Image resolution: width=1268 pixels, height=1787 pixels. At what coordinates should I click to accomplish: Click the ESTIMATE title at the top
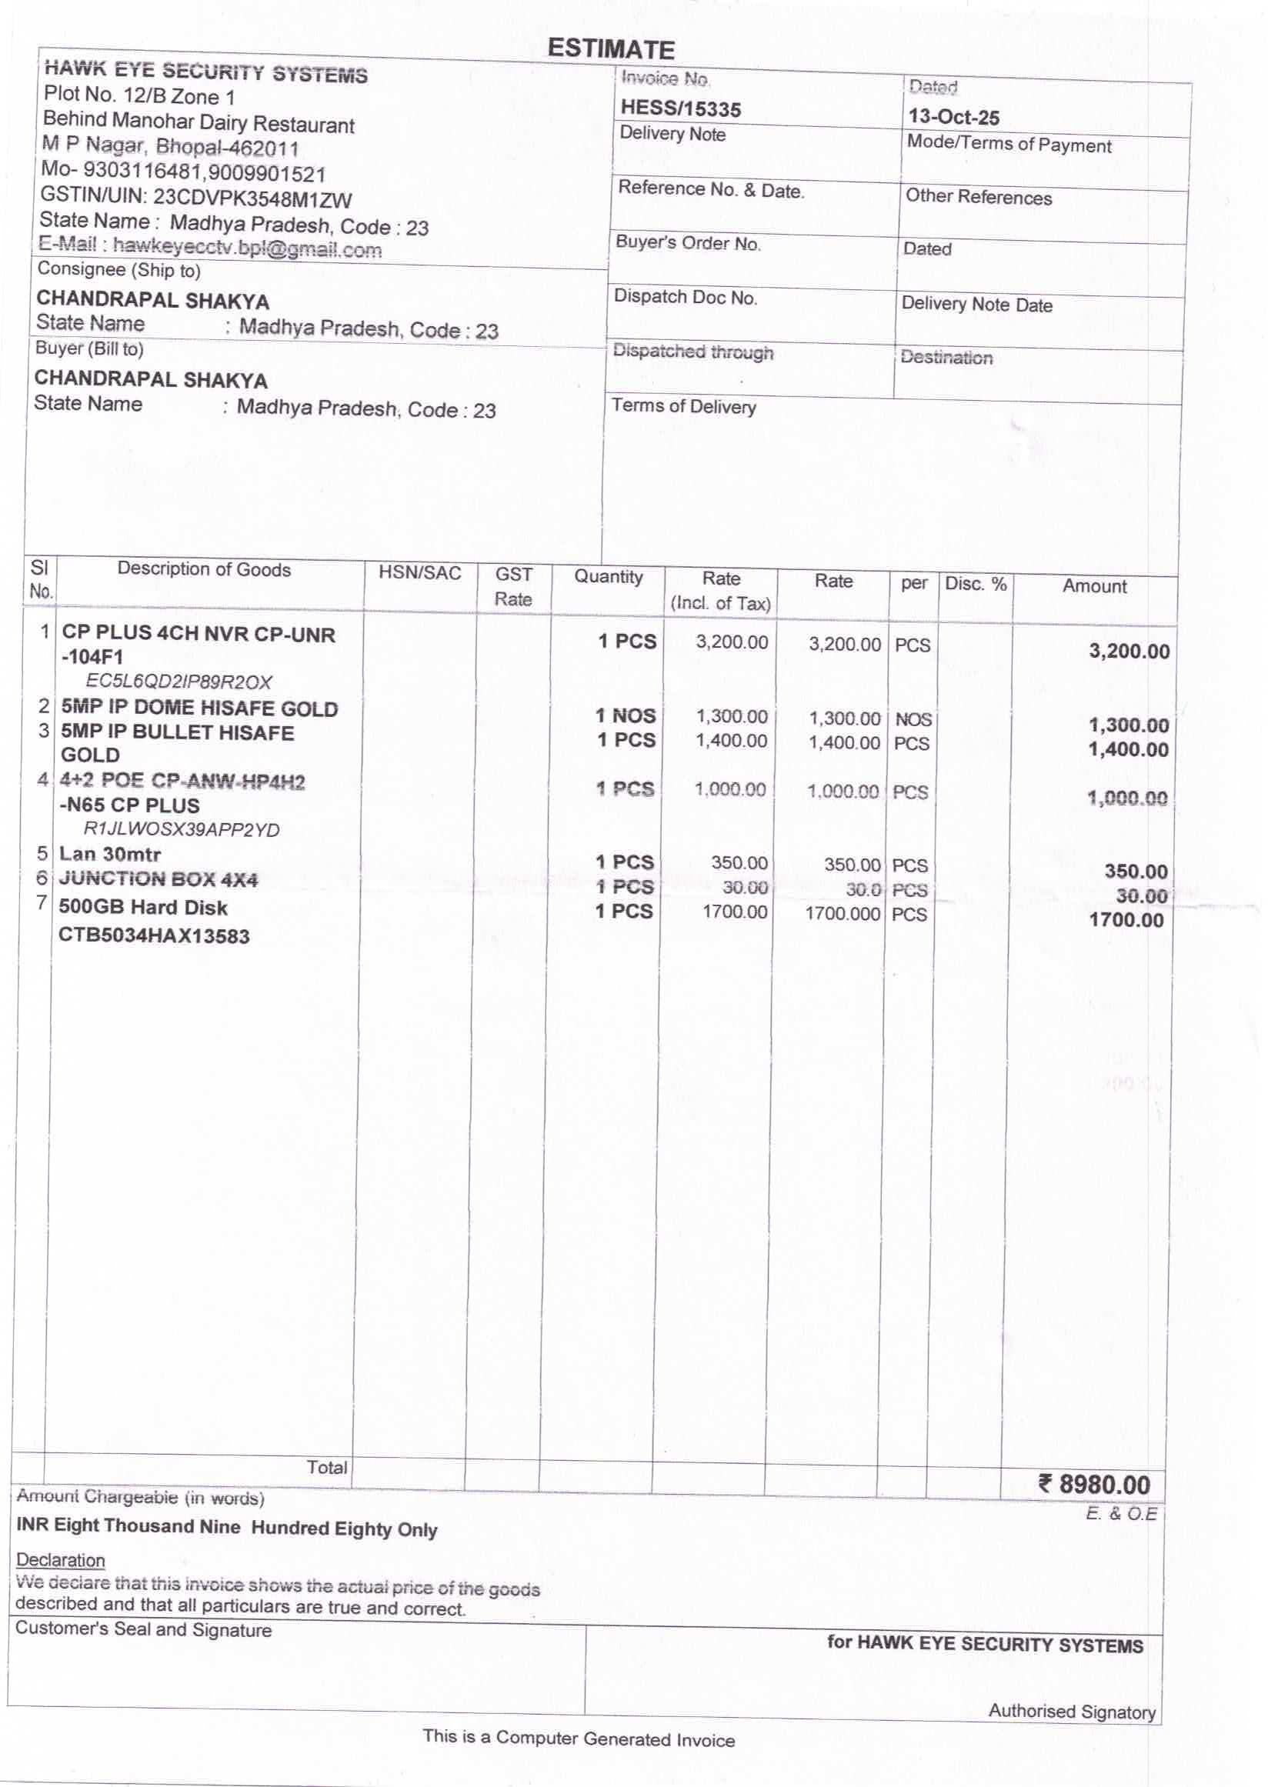click(610, 49)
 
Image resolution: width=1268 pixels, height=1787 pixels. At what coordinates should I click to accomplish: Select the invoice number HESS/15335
click(680, 108)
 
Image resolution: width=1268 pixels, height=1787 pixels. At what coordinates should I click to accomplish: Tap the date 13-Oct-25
click(953, 117)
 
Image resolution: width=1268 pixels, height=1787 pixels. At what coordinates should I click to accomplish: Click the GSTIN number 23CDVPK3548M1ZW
click(252, 199)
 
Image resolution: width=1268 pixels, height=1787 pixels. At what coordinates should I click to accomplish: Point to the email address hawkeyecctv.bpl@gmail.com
click(247, 248)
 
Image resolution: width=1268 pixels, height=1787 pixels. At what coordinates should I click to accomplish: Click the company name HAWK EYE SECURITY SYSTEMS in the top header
click(206, 72)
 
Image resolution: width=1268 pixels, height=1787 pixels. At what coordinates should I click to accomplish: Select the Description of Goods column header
click(204, 570)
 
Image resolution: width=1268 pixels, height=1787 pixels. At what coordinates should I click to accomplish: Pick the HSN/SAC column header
click(419, 574)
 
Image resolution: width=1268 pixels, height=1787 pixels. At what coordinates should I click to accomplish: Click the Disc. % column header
click(975, 584)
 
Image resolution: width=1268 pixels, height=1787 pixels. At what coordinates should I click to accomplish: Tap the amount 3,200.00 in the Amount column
click(1129, 651)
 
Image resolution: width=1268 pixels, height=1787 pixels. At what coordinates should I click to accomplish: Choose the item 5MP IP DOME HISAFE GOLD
click(199, 708)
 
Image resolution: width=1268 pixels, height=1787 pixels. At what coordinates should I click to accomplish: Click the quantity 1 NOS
click(626, 715)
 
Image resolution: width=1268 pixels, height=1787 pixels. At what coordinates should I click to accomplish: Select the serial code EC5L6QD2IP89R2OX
click(179, 682)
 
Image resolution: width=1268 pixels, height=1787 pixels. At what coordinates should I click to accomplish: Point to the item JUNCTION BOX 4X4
click(158, 879)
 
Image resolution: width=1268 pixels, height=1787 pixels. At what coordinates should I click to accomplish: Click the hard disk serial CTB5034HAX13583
click(154, 935)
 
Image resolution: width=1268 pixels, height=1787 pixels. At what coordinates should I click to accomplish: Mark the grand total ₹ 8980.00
click(1095, 1484)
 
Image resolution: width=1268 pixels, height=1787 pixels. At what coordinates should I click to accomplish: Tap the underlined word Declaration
click(61, 1560)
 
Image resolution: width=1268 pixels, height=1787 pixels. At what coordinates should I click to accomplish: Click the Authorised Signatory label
click(1071, 1712)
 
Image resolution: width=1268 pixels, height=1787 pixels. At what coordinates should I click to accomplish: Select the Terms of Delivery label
click(683, 406)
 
